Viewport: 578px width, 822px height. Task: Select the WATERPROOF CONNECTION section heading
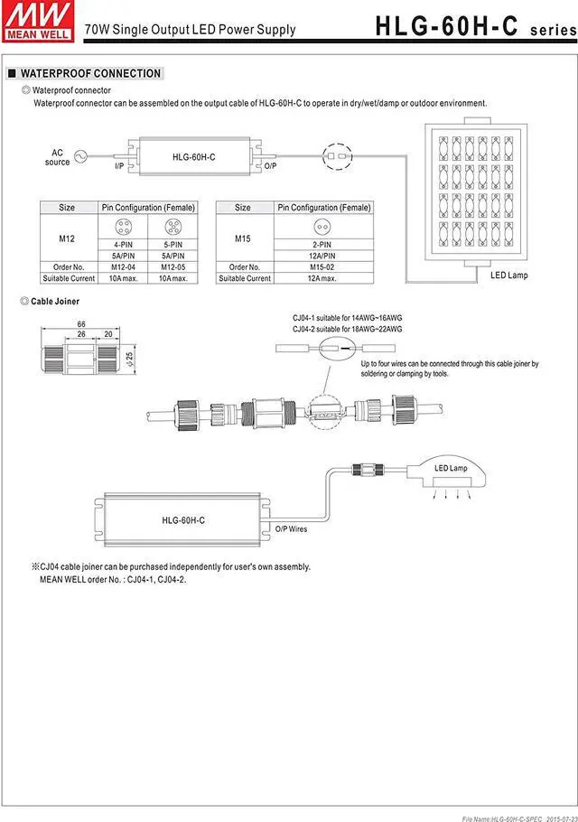click(x=90, y=73)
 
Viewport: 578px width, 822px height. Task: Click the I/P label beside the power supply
click(x=119, y=167)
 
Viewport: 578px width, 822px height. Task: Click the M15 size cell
click(x=242, y=238)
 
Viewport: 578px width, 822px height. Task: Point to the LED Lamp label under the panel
click(x=509, y=275)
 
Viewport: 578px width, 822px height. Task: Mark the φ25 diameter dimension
click(x=131, y=359)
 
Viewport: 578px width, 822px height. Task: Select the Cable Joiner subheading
click(x=54, y=301)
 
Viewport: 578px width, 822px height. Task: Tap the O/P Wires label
click(x=292, y=528)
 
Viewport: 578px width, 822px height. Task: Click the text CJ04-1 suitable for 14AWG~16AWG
click(x=348, y=319)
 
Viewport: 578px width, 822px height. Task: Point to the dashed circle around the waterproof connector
click(x=334, y=155)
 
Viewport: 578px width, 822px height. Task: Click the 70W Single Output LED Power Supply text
click(x=190, y=29)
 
